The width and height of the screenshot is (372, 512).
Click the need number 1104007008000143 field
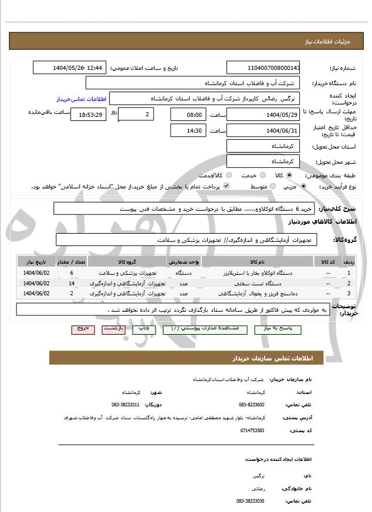[x=263, y=68]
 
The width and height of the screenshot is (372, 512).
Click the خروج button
[x=82, y=329]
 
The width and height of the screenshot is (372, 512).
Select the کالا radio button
[x=289, y=175]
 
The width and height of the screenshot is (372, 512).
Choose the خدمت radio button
[x=262, y=175]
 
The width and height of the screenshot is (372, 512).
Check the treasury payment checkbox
[x=226, y=186]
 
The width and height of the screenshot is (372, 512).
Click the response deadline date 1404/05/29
[x=263, y=115]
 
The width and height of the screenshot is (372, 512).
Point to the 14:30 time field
[x=188, y=130]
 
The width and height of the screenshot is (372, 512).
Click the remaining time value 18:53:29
[x=89, y=115]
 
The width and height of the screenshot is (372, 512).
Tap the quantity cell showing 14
[x=72, y=283]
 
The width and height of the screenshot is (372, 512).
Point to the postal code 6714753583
[x=252, y=430]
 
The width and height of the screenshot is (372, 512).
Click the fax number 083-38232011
[x=126, y=405]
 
